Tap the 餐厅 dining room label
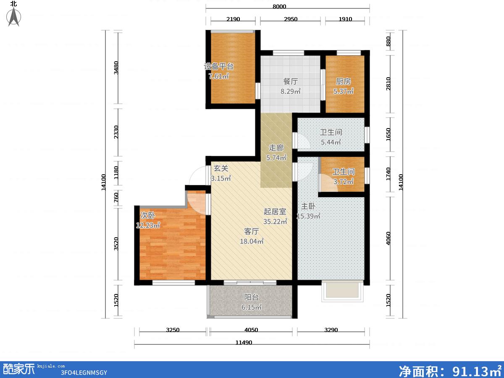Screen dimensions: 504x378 291,81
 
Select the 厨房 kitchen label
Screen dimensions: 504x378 343,81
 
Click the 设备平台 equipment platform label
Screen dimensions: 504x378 218,66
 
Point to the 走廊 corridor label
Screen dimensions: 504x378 276,147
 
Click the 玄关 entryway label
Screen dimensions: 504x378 221,168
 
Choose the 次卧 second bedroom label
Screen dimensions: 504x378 148,215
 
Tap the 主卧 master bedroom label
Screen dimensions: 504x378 308,206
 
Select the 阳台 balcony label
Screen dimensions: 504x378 251,297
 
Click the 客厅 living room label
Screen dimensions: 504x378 252,231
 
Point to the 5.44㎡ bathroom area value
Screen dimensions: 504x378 331,142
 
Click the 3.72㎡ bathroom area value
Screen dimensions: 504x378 343,182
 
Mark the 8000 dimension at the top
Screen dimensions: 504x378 279,6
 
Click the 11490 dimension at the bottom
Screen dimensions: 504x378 244,343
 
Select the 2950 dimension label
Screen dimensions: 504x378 291,19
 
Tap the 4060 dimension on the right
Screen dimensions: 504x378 388,238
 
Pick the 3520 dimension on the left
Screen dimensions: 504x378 116,244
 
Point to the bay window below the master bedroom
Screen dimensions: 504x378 342,291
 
